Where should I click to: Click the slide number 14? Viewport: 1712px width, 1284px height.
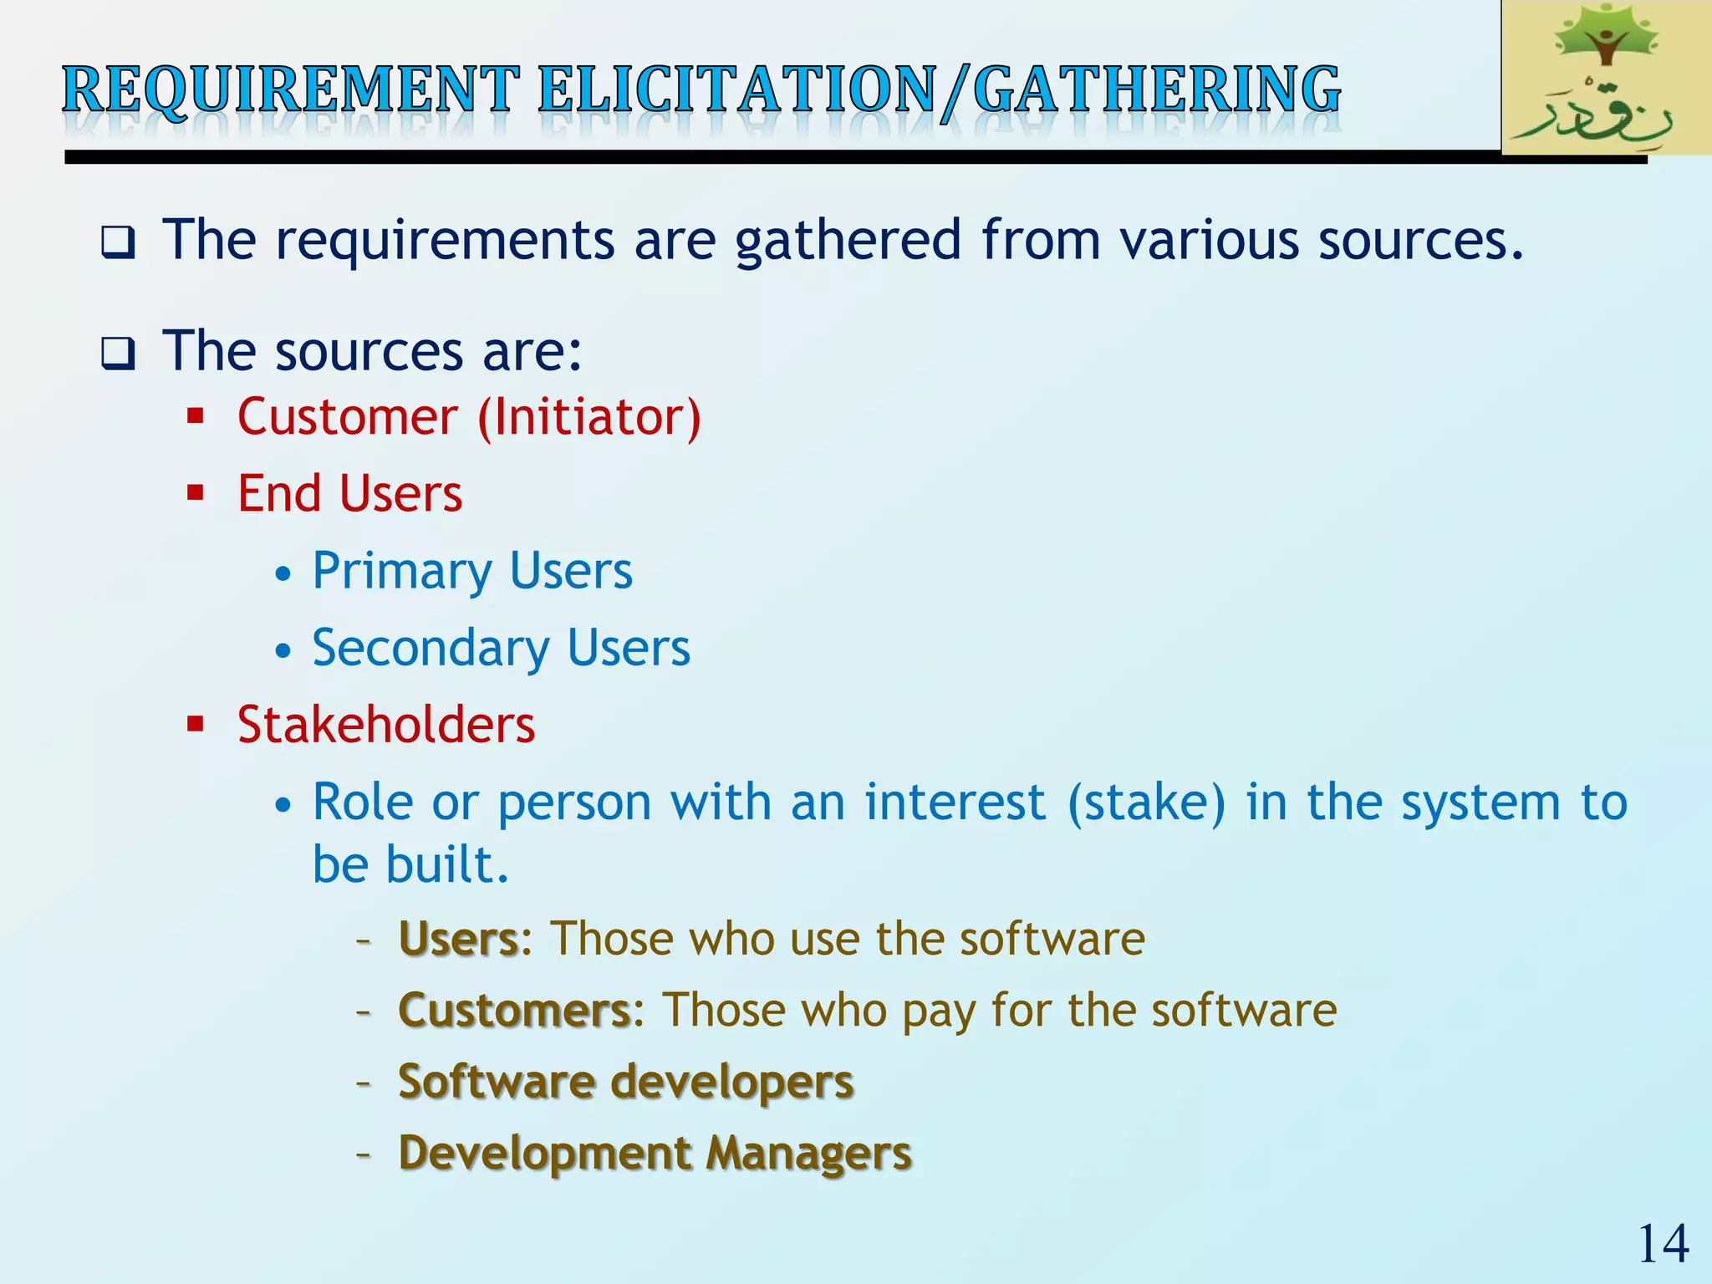point(1663,1244)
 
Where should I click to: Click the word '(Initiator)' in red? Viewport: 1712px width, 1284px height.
point(589,417)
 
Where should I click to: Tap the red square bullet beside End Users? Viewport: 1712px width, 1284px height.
point(196,492)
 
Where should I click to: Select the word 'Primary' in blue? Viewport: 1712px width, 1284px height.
point(401,572)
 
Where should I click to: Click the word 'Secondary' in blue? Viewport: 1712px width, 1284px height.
point(431,649)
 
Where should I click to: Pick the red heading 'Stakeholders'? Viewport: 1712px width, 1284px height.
point(385,725)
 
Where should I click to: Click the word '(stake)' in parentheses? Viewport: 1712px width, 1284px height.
point(1147,802)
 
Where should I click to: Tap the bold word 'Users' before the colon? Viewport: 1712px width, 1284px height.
point(459,939)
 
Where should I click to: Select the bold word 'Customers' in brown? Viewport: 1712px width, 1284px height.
point(514,1010)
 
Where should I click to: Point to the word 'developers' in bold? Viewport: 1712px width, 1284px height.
point(732,1083)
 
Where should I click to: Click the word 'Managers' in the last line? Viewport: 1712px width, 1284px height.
point(808,1154)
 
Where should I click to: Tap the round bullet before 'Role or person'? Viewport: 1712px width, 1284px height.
point(284,805)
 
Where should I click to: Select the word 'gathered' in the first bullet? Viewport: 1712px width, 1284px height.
point(848,242)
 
